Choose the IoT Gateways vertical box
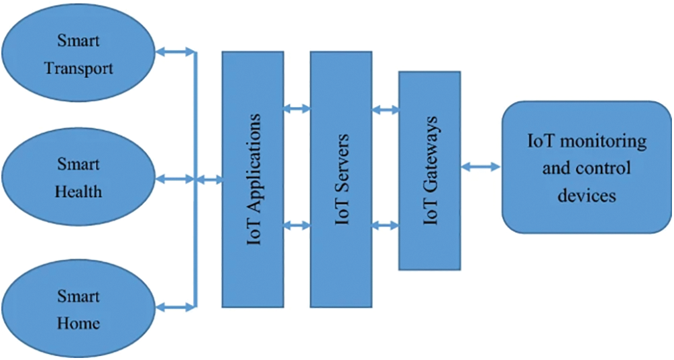(x=429, y=170)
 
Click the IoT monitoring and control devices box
(x=586, y=168)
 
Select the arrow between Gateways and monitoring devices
(x=481, y=166)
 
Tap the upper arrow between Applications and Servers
(x=297, y=108)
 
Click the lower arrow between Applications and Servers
(x=297, y=226)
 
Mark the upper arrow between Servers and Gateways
(x=385, y=108)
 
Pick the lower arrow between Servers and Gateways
(x=385, y=226)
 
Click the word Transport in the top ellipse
(x=78, y=68)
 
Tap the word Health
(x=78, y=192)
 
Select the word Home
(x=78, y=323)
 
